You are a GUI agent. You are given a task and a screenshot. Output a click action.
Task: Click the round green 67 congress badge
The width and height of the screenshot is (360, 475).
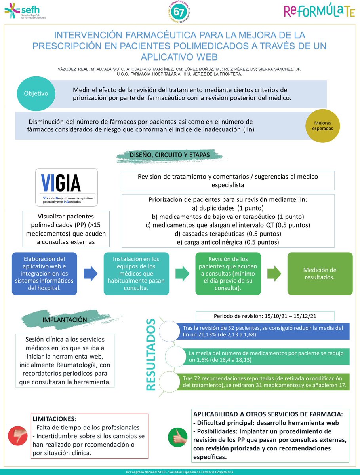[179, 12]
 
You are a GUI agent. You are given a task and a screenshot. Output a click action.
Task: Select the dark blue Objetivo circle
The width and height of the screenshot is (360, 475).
[36, 94]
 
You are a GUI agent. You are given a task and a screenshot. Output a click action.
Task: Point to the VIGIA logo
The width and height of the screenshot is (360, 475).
[66, 187]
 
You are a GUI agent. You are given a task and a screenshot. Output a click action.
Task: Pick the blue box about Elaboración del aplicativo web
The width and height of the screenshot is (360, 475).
[44, 273]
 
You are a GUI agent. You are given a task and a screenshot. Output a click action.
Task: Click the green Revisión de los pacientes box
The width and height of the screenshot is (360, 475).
[228, 273]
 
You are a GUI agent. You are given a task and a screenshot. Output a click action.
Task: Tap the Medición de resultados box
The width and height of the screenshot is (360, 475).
[320, 273]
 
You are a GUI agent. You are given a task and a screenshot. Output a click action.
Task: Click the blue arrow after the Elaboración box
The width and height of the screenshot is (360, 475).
[90, 274]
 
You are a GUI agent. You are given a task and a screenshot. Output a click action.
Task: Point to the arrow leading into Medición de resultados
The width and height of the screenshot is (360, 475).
[274, 274]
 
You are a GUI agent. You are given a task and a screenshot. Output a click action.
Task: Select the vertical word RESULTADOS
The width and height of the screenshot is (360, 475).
[150, 355]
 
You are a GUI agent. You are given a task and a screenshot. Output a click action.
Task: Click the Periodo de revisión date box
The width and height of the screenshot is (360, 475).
[265, 316]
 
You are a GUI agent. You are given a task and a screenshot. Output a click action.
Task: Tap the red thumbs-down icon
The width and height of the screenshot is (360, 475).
[18, 435]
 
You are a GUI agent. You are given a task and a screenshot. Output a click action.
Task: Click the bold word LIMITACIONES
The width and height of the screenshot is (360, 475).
[53, 418]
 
